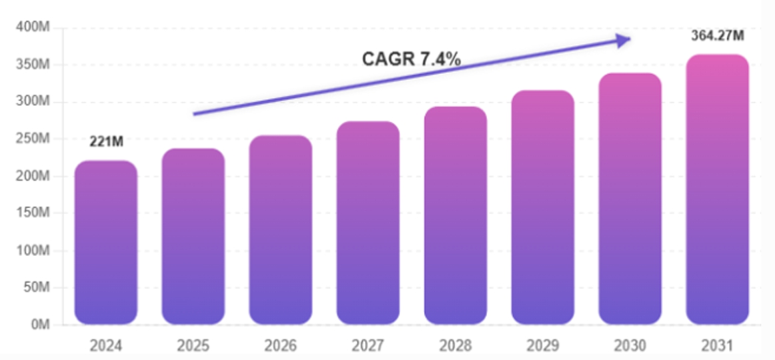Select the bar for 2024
106,243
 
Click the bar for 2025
193,236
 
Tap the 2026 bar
281,229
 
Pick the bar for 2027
368,223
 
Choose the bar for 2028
456,215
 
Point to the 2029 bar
543,207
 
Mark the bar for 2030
630,199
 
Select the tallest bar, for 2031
718,189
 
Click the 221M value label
106,142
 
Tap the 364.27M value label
717,35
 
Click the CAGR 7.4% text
412,59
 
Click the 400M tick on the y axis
33,27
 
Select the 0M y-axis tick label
41,325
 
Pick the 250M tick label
33,139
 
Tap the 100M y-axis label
33,251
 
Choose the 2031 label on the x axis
717,346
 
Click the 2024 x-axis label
106,346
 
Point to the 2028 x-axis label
456,346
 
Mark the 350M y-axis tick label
33,65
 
